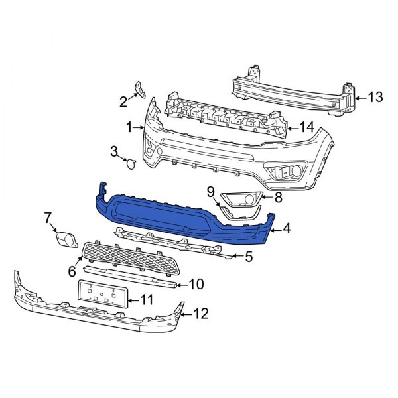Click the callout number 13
point(375,98)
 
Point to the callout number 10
point(200,312)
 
